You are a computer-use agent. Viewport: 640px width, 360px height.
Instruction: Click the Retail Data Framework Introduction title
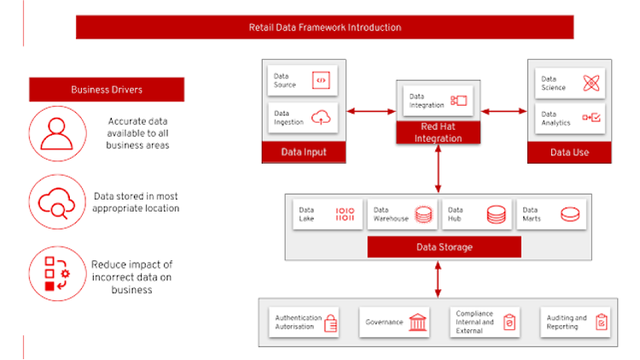(324, 27)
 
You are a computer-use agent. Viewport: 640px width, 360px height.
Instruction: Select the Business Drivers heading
(107, 90)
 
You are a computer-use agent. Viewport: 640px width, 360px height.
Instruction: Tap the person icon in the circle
(57, 133)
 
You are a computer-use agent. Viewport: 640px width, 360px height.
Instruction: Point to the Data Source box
(303, 82)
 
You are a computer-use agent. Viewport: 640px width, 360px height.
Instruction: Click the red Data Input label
(304, 153)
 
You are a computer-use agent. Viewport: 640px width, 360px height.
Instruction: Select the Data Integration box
(438, 101)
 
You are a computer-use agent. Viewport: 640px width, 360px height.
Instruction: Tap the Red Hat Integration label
(438, 131)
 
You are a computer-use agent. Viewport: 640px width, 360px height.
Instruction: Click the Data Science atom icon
(592, 83)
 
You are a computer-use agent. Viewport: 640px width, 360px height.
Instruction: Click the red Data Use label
(570, 153)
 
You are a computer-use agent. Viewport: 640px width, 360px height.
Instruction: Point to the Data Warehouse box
(402, 214)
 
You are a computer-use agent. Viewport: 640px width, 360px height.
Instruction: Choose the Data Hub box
(477, 214)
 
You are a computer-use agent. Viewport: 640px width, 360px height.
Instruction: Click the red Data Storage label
(444, 247)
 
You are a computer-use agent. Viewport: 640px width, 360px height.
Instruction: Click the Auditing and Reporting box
(577, 322)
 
